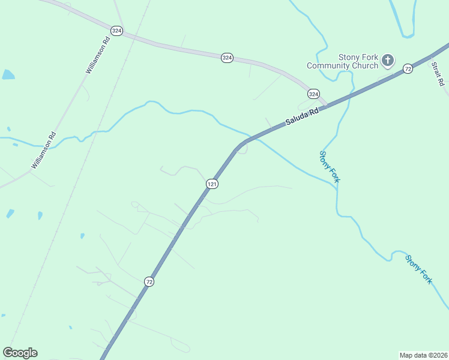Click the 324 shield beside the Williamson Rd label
click(x=117, y=31)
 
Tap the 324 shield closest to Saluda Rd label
click(x=313, y=94)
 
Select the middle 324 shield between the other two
click(x=227, y=58)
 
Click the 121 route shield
click(x=211, y=184)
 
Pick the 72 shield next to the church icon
click(x=408, y=68)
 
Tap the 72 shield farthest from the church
click(x=149, y=281)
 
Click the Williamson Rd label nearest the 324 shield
click(x=98, y=55)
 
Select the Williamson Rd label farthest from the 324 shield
click(x=44, y=150)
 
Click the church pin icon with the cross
click(x=388, y=59)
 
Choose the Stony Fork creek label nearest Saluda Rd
click(x=330, y=166)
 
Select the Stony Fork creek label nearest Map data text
click(x=418, y=269)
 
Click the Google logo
click(x=20, y=353)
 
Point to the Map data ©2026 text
click(x=423, y=355)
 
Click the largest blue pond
click(x=8, y=75)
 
